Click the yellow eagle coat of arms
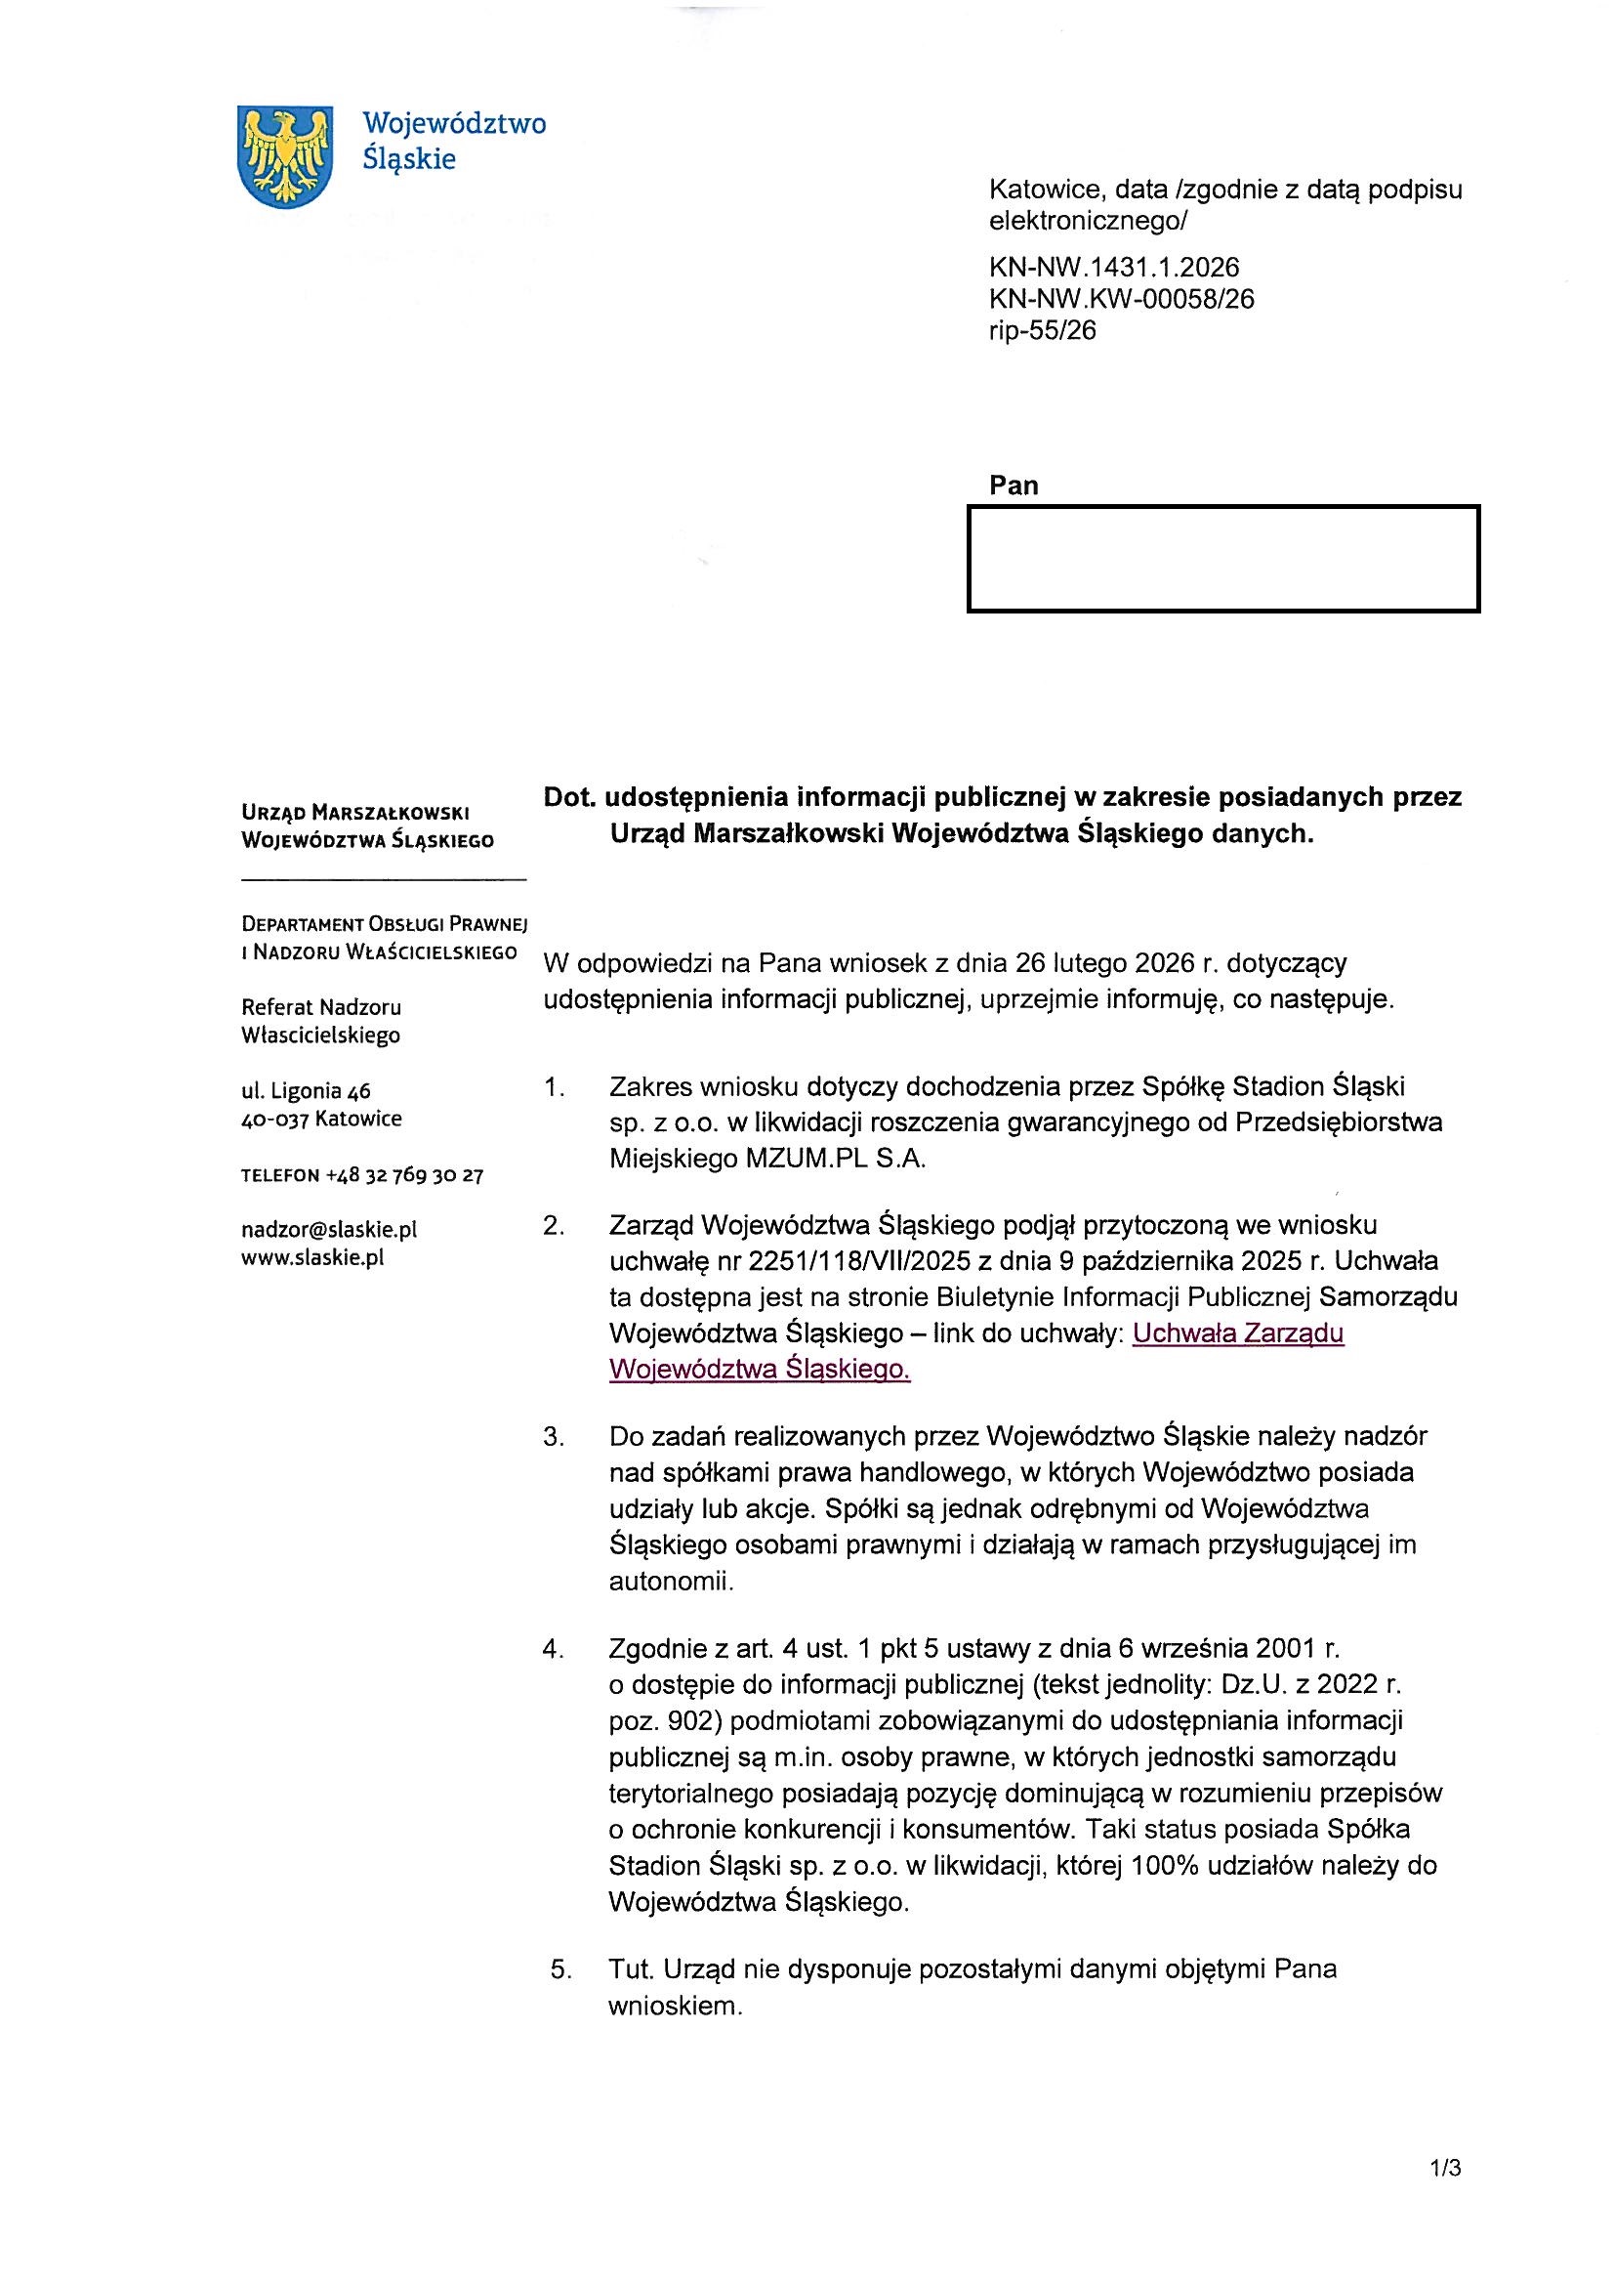tap(285, 156)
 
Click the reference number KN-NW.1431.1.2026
tap(1114, 267)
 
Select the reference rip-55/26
tap(1042, 330)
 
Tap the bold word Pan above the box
tap(1014, 486)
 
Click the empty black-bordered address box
tap(1223, 558)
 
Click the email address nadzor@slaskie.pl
tap(329, 1230)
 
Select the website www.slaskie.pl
tap(312, 1257)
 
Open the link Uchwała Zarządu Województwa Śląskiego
tap(1238, 1333)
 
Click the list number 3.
tap(553, 1436)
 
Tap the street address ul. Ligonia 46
tap(307, 1091)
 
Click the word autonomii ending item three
tap(670, 1581)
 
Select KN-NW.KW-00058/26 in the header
tap(1121, 298)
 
